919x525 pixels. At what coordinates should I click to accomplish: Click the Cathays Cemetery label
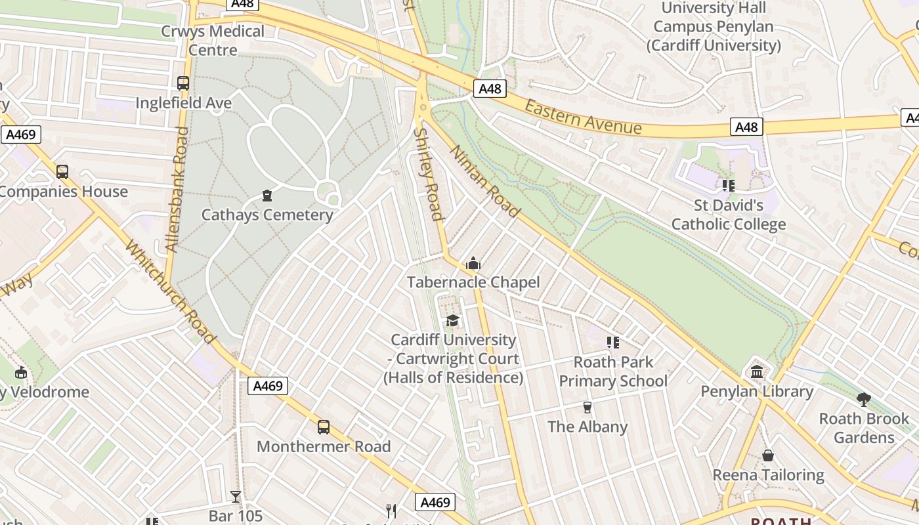pos(267,215)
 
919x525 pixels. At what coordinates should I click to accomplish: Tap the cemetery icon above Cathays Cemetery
pos(267,195)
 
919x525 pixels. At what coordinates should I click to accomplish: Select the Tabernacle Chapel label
pos(473,282)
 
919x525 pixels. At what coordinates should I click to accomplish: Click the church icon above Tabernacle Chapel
pos(473,264)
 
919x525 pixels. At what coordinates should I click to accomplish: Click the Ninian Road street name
pos(484,181)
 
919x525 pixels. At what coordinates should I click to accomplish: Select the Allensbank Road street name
pos(177,190)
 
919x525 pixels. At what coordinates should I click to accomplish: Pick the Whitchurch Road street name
pos(170,292)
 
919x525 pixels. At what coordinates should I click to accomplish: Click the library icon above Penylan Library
pos(757,372)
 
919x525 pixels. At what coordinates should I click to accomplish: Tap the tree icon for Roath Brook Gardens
pos(864,399)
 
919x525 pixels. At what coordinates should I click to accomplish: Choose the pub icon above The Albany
pos(588,408)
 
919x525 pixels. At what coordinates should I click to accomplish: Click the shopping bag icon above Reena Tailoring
pos(768,455)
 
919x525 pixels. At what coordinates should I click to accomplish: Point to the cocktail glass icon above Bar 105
pos(236,497)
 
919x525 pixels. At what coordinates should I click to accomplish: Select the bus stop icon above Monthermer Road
pos(324,427)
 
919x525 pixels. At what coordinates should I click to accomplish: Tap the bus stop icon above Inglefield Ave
pos(183,83)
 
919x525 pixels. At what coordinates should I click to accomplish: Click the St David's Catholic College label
pos(729,215)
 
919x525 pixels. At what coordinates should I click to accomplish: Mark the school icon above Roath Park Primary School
pos(613,342)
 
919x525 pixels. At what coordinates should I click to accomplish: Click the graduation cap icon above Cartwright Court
pos(453,320)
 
